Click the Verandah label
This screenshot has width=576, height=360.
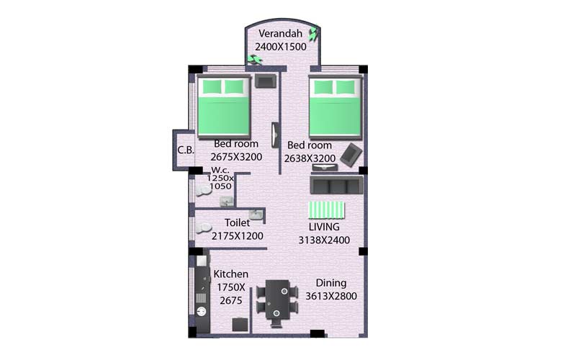point(280,33)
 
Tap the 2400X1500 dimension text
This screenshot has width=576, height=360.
point(281,47)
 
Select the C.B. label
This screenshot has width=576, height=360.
point(186,150)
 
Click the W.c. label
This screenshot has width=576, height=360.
point(220,170)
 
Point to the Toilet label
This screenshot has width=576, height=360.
point(237,222)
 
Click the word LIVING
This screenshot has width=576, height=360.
point(324,227)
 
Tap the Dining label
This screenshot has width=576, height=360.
point(331,283)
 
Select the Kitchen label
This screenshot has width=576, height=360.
point(230,274)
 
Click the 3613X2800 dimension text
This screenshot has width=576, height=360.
point(331,296)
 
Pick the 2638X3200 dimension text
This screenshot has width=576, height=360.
point(310,158)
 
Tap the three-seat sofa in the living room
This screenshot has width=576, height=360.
point(336,184)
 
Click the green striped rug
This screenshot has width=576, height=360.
point(326,210)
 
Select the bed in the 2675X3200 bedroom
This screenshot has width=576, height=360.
point(224,107)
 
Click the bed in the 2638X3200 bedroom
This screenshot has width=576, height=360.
point(336,107)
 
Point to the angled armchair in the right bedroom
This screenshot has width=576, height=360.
point(351,155)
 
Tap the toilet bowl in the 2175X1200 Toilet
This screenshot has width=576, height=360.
point(204,228)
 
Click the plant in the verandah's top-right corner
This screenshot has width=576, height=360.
point(314,32)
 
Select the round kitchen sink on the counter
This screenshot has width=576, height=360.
point(201,312)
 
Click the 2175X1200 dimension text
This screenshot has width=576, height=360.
point(238,236)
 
